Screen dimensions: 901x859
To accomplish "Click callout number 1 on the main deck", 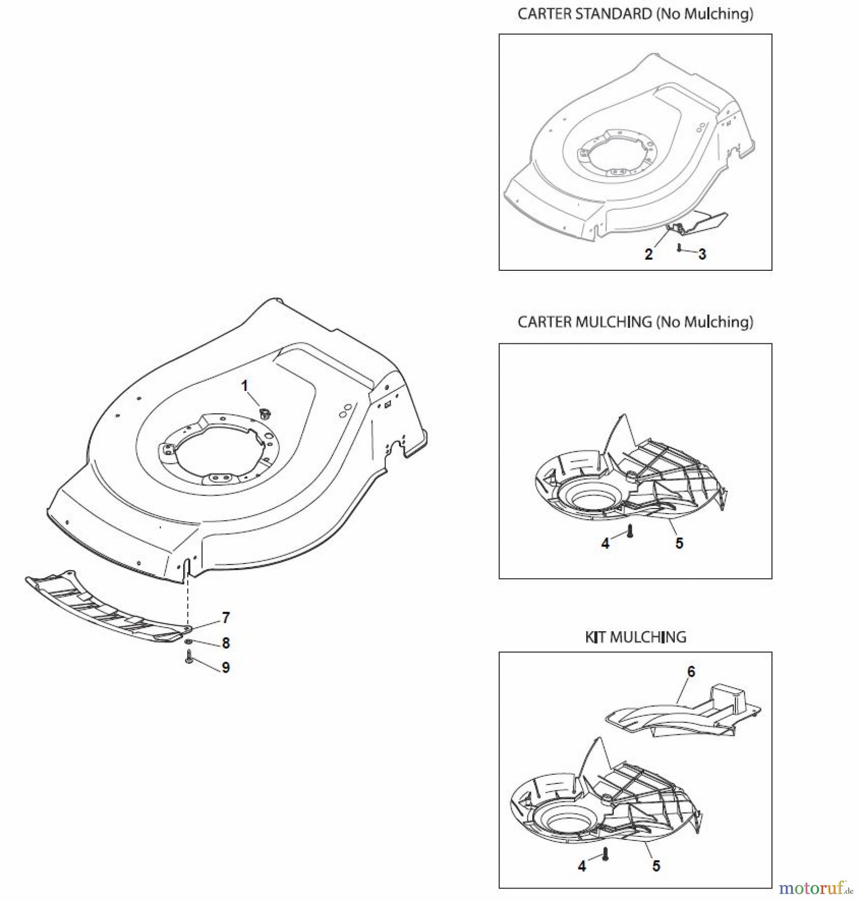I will coord(245,385).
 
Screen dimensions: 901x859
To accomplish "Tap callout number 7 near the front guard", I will coord(226,618).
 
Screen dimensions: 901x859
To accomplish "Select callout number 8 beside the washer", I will coord(226,643).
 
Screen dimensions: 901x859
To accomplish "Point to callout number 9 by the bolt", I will coord(226,667).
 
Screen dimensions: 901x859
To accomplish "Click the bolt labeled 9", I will coord(189,656).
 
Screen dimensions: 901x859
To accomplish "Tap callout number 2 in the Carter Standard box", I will coord(649,254).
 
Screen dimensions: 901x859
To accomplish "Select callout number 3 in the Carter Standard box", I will coord(702,254).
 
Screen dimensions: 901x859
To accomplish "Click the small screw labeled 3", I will coord(679,247).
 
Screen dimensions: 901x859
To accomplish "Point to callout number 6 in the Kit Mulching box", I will coord(691,671).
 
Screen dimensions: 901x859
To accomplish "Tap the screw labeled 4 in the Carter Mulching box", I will coord(630,530).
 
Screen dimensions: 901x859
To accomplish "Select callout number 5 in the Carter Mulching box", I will coord(679,543).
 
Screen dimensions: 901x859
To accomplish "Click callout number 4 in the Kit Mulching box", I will coord(582,866).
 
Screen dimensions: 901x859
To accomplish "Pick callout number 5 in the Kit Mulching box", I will coord(656,866).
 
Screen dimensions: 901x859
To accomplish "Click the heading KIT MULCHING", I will coord(635,637).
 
